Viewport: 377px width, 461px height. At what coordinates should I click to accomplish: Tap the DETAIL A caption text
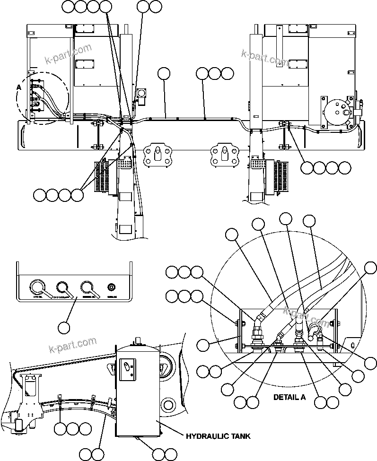click(x=289, y=397)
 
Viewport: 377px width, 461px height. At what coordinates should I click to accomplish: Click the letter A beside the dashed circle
click(x=19, y=87)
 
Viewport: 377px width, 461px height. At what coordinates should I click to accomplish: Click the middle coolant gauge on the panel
click(x=62, y=287)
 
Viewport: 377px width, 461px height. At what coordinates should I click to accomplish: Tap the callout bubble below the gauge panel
click(x=64, y=326)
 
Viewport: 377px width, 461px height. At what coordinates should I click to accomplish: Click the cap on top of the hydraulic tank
click(x=138, y=340)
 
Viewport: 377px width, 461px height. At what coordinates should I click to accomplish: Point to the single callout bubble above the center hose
click(x=164, y=73)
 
